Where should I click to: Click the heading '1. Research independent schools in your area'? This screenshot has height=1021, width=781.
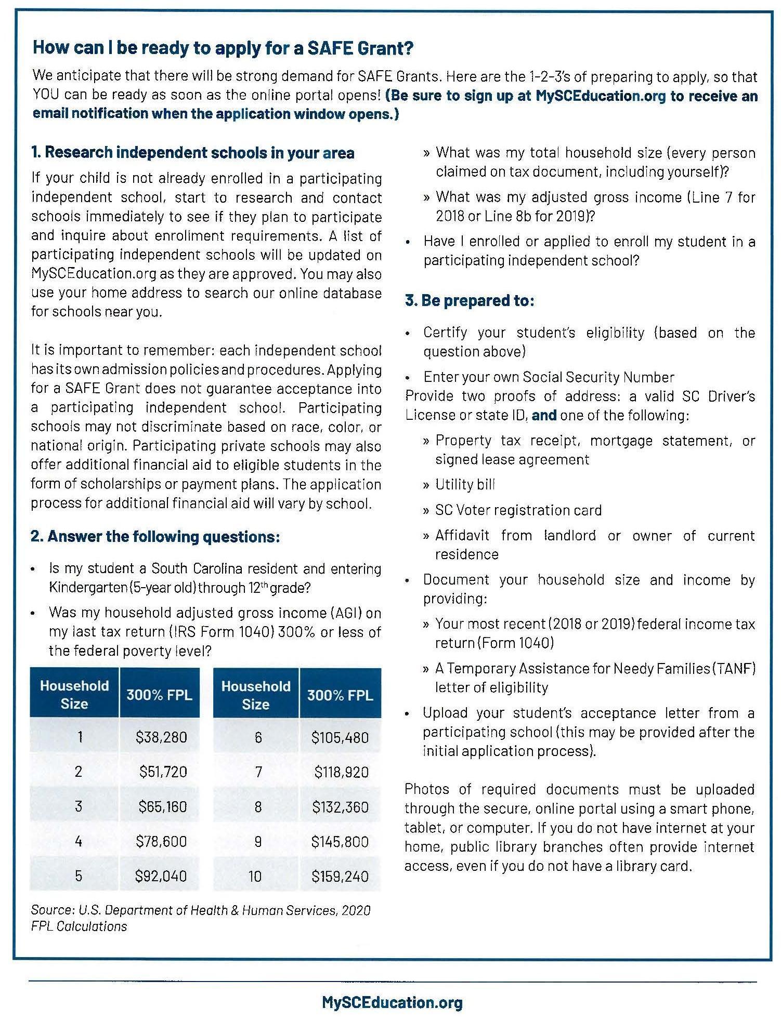(192, 153)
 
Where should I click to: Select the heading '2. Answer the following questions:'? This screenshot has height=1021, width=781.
(155, 536)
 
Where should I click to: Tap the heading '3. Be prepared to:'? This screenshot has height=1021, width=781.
(469, 301)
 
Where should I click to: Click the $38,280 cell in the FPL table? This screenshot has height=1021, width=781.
(161, 737)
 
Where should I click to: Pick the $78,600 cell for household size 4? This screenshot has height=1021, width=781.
(161, 841)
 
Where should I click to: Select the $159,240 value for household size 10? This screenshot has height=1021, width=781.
(340, 877)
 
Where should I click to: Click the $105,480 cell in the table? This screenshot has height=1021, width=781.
(340, 738)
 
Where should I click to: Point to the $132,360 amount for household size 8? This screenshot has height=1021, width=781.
(340, 807)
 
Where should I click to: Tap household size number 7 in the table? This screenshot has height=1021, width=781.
(258, 772)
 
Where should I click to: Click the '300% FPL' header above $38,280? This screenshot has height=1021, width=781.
(159, 695)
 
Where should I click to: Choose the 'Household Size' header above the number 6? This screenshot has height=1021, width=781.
(255, 695)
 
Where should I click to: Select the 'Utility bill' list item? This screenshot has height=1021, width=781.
(465, 485)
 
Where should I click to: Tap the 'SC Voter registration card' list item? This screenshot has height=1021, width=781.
(518, 510)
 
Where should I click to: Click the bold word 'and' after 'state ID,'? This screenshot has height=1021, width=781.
(544, 416)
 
